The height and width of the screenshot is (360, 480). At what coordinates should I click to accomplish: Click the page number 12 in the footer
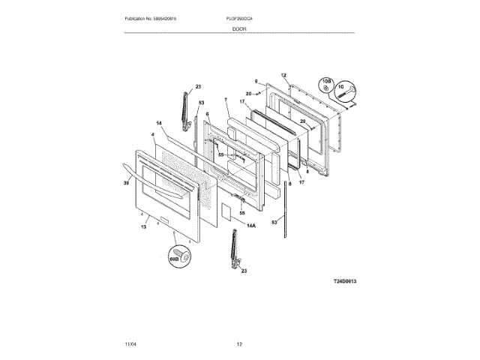(x=239, y=343)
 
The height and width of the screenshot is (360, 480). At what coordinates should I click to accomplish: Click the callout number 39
(x=127, y=181)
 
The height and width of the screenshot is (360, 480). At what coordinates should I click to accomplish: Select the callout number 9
(x=256, y=81)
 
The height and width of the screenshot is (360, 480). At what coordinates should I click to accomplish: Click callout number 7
(x=225, y=100)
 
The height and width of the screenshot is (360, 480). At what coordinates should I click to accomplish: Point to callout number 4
(x=153, y=136)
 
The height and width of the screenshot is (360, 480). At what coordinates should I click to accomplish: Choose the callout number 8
(x=289, y=183)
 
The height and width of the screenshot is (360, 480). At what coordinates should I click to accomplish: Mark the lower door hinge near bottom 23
(x=234, y=250)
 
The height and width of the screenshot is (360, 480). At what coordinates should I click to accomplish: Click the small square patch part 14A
(x=224, y=211)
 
